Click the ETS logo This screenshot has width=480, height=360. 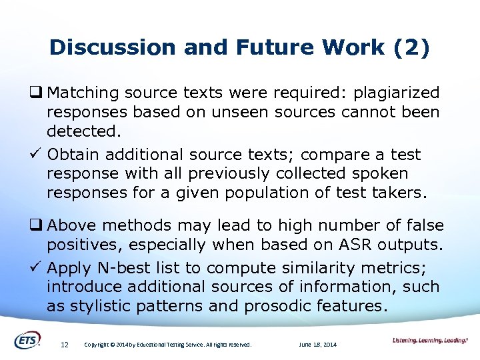(27, 340)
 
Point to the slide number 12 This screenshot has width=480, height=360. (65, 345)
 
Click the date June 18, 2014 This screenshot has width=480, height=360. (319, 345)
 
